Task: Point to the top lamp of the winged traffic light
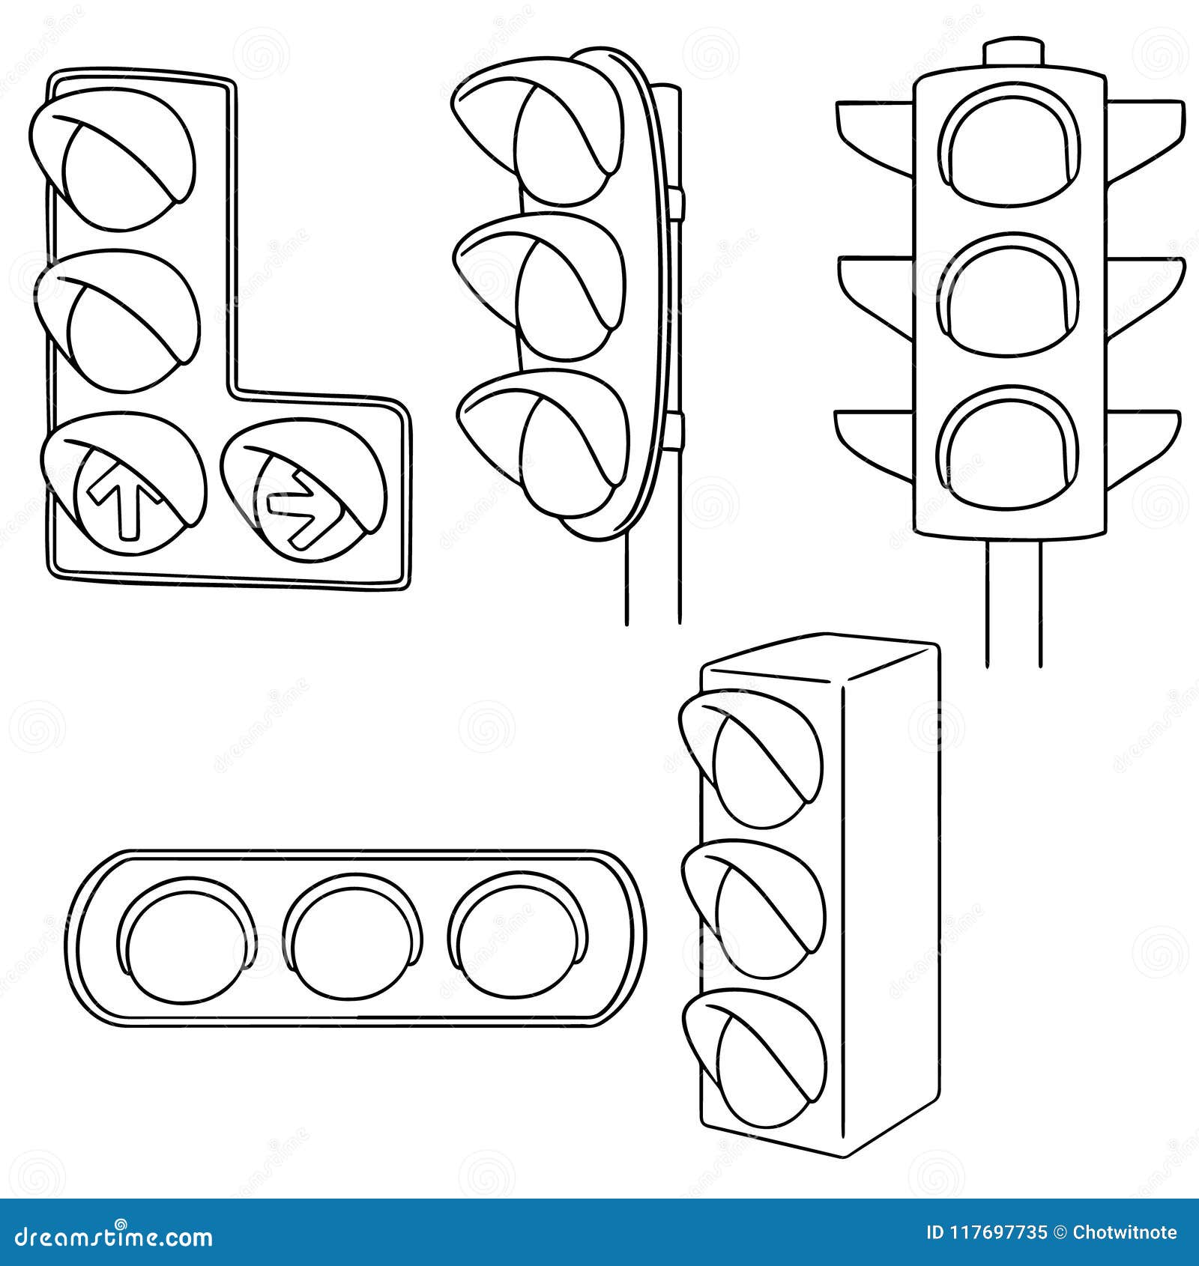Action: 1009,150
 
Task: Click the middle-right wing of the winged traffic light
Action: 1143,288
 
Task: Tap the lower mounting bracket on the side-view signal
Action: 677,430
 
